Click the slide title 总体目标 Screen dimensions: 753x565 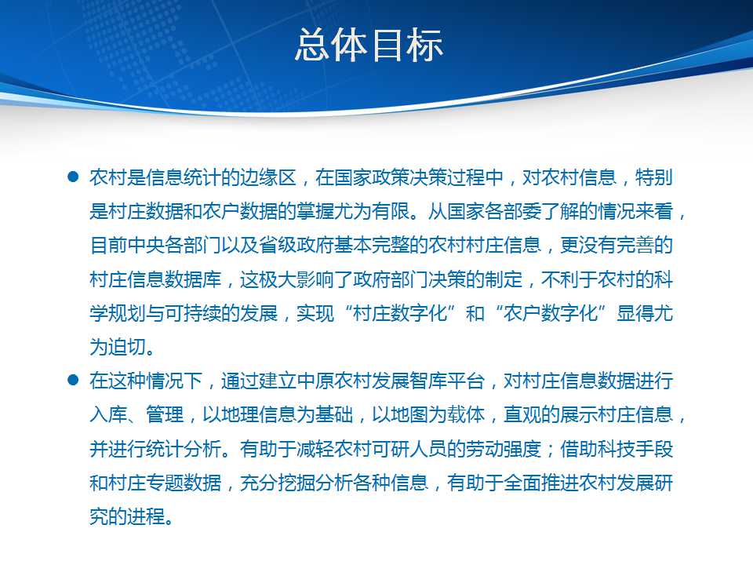pos(369,45)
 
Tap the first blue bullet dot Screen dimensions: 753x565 pos(73,177)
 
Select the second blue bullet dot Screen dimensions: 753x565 pos(73,380)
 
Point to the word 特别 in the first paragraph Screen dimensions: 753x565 pos(653,177)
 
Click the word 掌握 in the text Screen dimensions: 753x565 pos(315,211)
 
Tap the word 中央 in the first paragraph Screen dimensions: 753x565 pos(146,245)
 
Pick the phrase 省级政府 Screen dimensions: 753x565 pos(296,245)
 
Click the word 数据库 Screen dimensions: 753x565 pos(193,279)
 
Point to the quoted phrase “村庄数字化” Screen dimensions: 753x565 pos(400,313)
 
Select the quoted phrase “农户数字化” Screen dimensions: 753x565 pos(551,313)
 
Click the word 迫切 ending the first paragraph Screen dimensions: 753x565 pos(127,347)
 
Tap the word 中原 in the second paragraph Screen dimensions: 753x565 pos(315,381)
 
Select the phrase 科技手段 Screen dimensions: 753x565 pos(635,449)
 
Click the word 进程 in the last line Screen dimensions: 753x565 pos(146,516)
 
